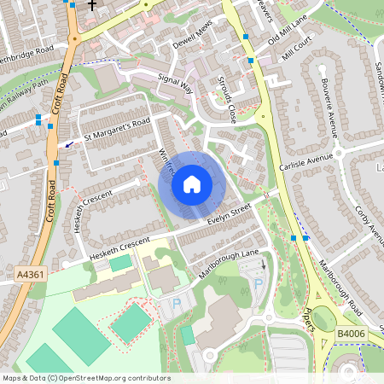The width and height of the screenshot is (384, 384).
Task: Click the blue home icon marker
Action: (192, 184)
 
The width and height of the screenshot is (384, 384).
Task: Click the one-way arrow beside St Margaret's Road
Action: (69, 143)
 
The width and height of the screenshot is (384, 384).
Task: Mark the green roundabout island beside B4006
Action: (323, 320)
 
